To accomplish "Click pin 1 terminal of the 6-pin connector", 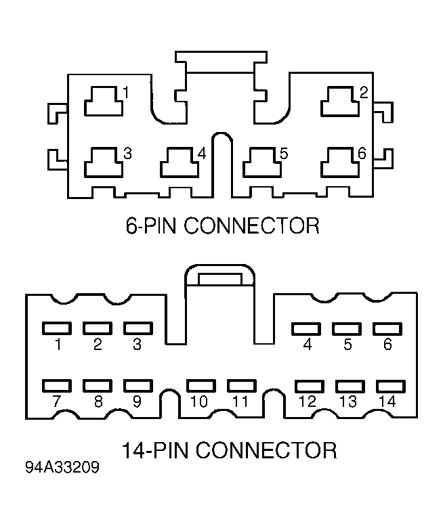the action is click(104, 102).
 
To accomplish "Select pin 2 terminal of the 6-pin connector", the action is click(340, 102).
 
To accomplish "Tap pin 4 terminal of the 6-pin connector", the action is click(180, 162).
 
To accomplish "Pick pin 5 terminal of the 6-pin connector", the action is click(262, 162).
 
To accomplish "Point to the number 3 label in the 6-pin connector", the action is click(128, 154).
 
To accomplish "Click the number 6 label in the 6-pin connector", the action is click(362, 153).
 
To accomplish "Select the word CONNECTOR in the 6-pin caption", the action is click(252, 225).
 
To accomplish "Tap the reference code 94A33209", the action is click(62, 467).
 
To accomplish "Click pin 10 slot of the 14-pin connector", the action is click(201, 386).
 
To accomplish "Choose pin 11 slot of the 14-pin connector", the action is click(242, 386).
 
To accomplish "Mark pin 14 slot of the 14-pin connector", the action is click(391, 387).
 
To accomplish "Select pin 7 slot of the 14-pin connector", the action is click(57, 386).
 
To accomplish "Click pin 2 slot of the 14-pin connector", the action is click(98, 328).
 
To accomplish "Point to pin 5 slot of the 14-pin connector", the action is click(347, 329).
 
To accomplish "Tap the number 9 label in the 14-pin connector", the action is click(137, 401).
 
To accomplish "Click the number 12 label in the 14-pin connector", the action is click(308, 401).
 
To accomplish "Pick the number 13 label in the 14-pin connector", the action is click(348, 401).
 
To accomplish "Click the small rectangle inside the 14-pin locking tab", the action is click(219, 280).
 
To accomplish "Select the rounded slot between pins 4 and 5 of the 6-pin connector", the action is click(222, 165).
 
